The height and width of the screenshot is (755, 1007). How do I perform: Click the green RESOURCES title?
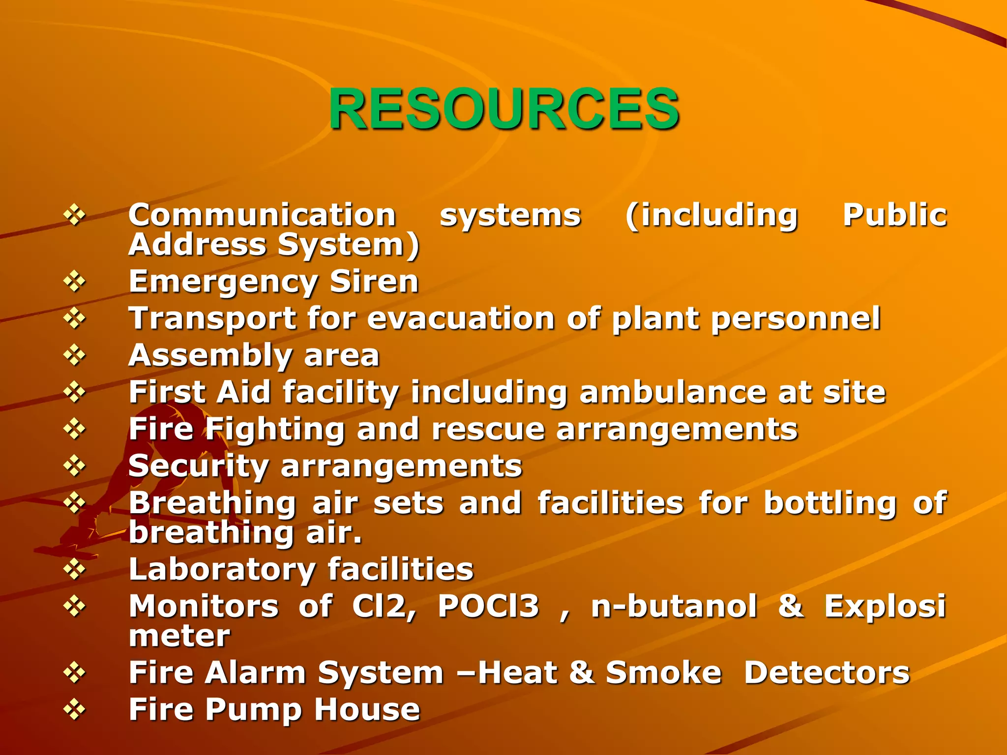click(x=504, y=109)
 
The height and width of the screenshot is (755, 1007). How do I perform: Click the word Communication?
click(x=262, y=215)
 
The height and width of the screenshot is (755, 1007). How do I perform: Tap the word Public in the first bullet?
click(x=894, y=215)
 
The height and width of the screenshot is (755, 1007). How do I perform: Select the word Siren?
click(x=374, y=282)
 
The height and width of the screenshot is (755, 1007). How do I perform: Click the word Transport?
click(x=212, y=319)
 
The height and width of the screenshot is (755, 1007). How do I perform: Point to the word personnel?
click(x=796, y=319)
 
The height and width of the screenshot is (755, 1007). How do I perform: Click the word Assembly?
click(x=210, y=355)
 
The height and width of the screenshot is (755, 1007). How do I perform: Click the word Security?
click(x=198, y=466)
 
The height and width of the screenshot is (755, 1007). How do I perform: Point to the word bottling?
click(x=830, y=503)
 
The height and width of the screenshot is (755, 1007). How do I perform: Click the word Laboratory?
click(x=222, y=570)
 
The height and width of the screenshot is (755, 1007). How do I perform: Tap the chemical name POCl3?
click(x=488, y=606)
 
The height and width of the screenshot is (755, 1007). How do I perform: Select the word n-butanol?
click(x=674, y=606)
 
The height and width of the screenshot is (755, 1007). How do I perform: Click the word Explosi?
click(x=885, y=606)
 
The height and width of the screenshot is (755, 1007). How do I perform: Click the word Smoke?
click(x=663, y=672)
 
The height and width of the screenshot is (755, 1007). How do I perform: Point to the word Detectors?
click(x=827, y=672)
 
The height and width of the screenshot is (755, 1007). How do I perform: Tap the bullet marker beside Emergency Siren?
click(x=74, y=282)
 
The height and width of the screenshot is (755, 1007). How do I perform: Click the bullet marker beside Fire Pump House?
click(x=74, y=710)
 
